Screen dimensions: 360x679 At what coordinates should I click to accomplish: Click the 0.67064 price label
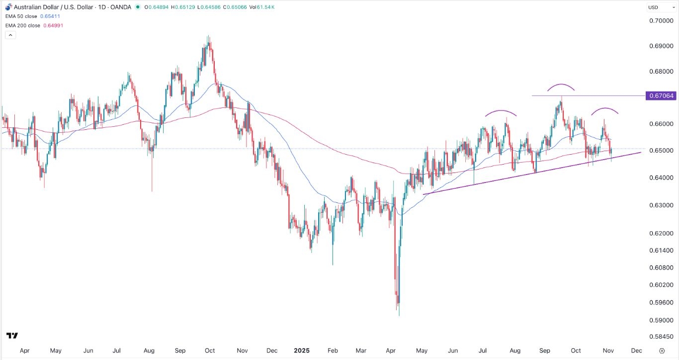[660, 95]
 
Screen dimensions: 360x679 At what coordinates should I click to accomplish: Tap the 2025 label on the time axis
[301, 351]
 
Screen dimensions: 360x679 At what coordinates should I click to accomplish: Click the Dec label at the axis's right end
[636, 351]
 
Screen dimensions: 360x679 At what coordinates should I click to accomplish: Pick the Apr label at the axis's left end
[24, 351]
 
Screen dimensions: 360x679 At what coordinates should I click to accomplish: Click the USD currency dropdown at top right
[659, 7]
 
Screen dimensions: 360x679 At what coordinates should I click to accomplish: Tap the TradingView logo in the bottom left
[12, 336]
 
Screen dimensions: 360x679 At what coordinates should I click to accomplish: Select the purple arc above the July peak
[501, 111]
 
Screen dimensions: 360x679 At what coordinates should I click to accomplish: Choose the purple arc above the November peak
[605, 109]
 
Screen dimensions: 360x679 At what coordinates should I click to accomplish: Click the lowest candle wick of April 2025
[399, 314]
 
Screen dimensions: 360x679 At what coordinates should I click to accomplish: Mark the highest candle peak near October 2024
[208, 37]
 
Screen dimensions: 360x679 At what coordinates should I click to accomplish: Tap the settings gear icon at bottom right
[662, 351]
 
